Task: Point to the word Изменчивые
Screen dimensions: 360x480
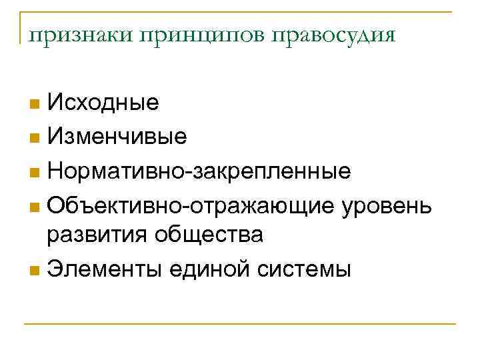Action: click(117, 137)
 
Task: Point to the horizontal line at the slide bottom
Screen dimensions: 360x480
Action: click(240, 325)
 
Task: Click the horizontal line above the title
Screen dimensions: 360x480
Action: click(240, 11)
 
